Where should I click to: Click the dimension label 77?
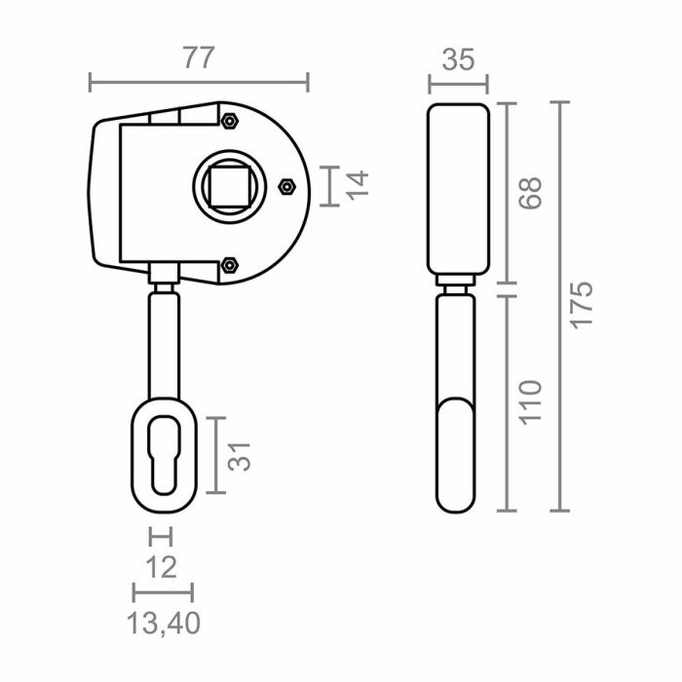(x=199, y=57)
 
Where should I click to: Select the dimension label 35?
(x=458, y=59)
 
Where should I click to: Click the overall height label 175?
(x=581, y=306)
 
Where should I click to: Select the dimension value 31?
(x=241, y=455)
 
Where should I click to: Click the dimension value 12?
(x=162, y=566)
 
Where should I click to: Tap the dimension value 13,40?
(x=164, y=621)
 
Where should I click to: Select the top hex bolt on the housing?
(x=230, y=121)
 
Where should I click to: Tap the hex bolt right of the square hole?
(x=286, y=185)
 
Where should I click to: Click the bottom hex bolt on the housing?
(x=230, y=264)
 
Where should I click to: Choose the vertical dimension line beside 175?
(x=559, y=306)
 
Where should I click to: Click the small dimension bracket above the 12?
(x=161, y=536)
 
